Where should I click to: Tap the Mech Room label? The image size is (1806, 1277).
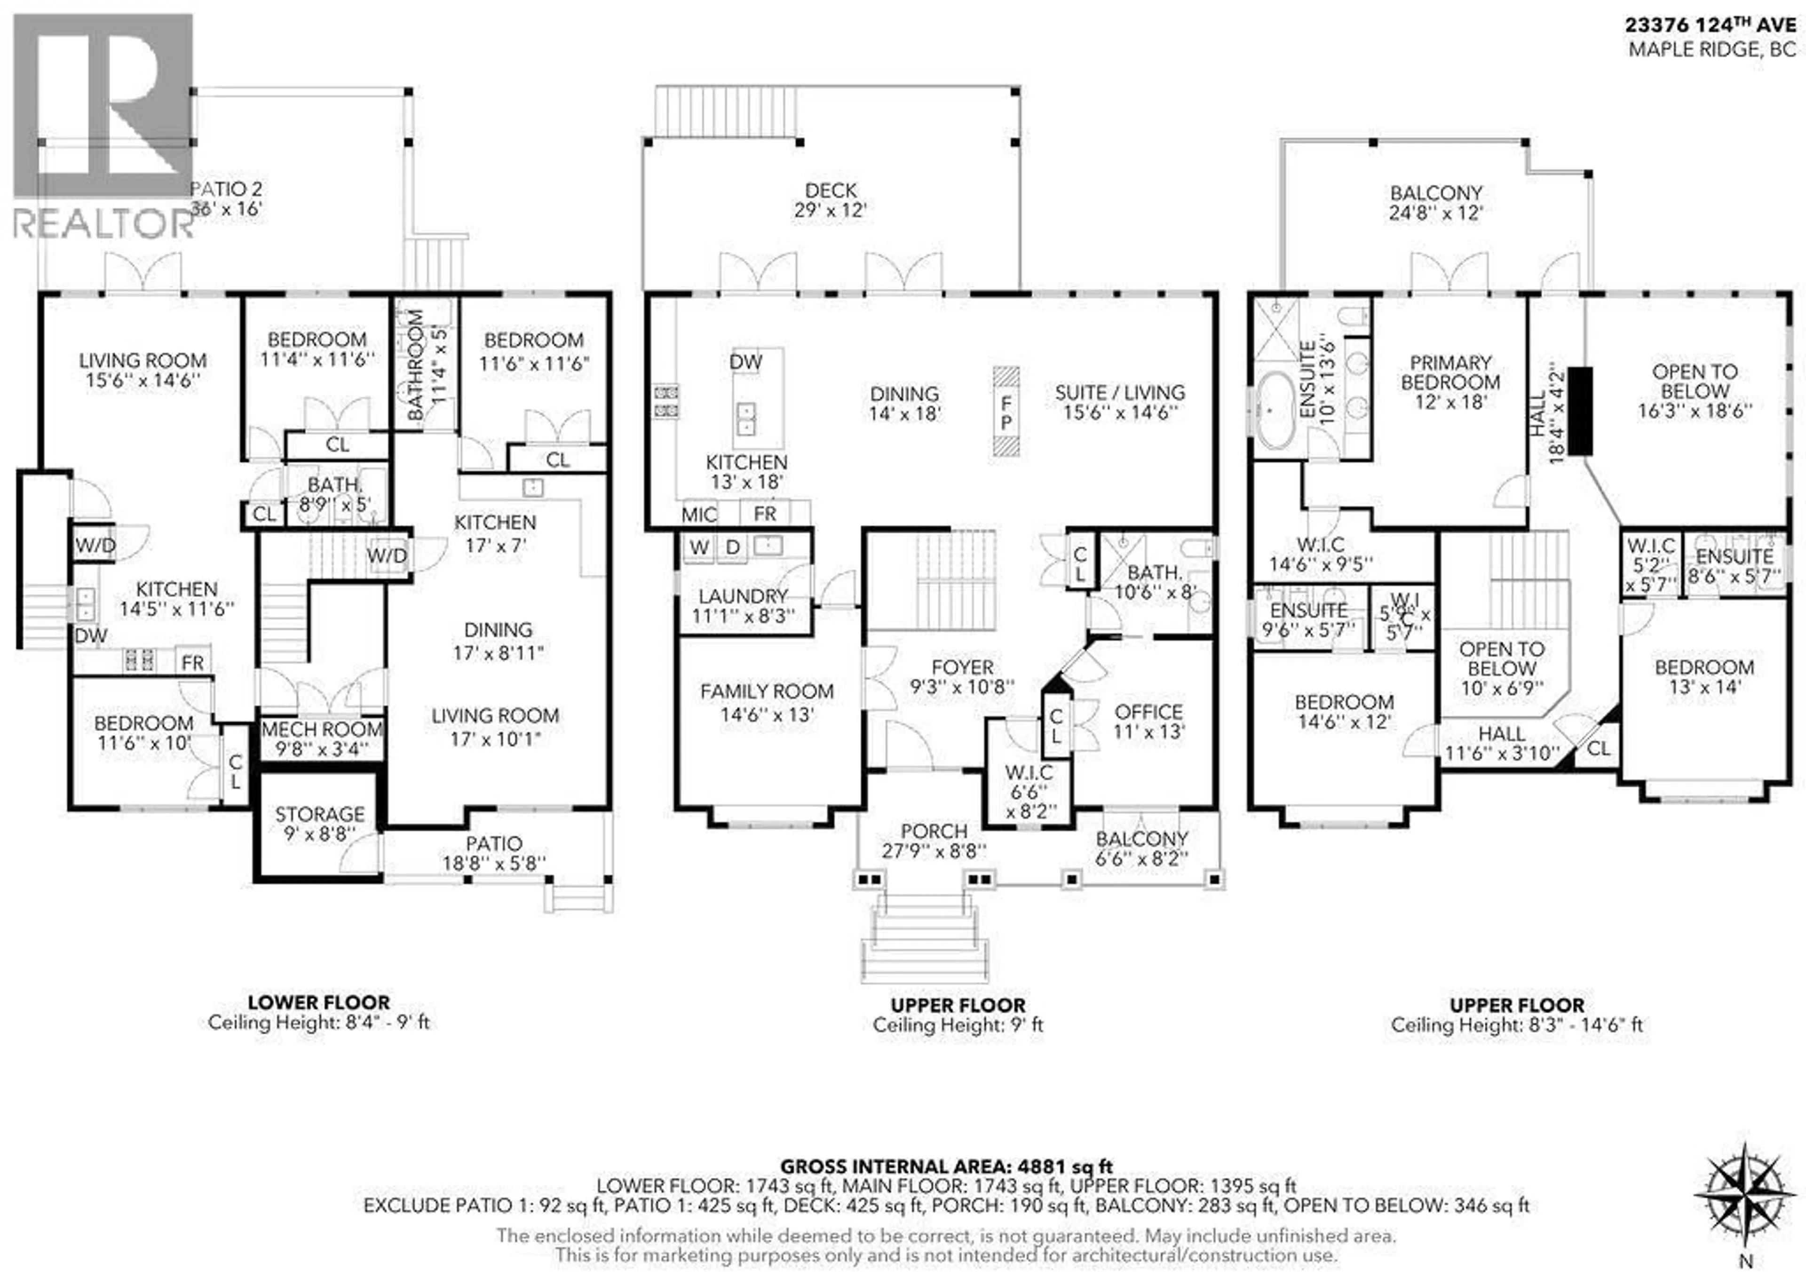click(x=322, y=738)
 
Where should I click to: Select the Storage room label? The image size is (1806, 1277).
click(x=319, y=823)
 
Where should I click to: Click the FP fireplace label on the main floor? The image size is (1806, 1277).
click(x=1006, y=412)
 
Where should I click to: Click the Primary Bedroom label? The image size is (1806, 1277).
click(x=1450, y=382)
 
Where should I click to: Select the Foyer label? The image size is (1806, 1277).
click(x=962, y=677)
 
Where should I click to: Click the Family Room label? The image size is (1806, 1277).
click(x=767, y=702)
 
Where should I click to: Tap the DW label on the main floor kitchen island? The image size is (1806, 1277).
click(x=746, y=362)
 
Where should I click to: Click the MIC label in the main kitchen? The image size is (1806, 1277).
click(x=699, y=515)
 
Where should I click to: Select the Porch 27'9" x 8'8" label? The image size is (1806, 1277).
click(x=935, y=841)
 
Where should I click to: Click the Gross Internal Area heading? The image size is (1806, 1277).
click(x=946, y=1167)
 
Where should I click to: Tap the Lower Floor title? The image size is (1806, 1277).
click(x=318, y=1002)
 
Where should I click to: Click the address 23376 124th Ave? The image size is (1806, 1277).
click(x=1711, y=25)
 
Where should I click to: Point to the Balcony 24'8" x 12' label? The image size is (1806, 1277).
click(x=1436, y=202)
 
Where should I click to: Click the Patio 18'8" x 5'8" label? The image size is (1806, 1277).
click(x=494, y=853)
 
